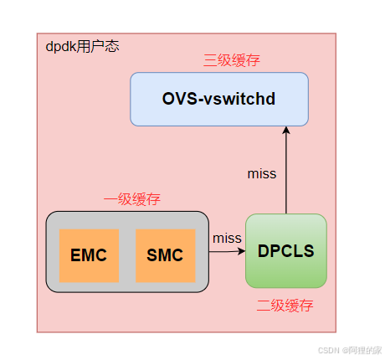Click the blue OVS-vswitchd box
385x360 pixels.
[219, 99]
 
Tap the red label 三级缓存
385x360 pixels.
[232, 60]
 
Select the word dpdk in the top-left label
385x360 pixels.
[61, 47]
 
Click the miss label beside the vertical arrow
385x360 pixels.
[262, 174]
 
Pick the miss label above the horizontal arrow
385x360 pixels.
[226, 238]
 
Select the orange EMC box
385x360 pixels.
[89, 255]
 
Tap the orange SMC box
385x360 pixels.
[165, 255]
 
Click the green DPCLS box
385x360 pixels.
[285, 251]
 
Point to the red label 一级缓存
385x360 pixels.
[131, 199]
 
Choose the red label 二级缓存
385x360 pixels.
[285, 306]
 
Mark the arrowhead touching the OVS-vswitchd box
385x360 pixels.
[285, 131]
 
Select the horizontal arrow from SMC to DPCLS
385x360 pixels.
[219, 250]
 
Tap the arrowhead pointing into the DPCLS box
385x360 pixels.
[241, 250]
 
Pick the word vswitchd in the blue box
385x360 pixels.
[240, 99]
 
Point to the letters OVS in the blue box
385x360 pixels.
[178, 99]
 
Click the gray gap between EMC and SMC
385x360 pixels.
[127, 255]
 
